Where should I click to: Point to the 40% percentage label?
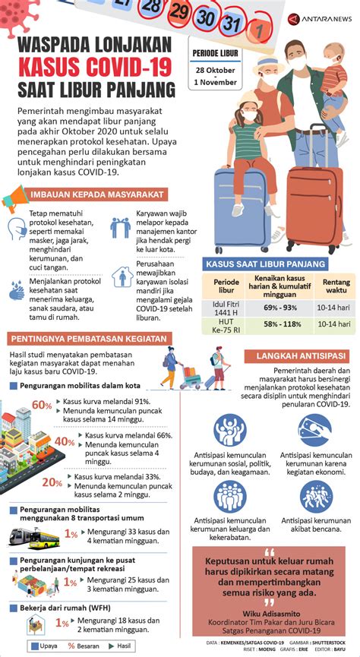[x=64, y=442]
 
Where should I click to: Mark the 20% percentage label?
[x=52, y=482]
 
